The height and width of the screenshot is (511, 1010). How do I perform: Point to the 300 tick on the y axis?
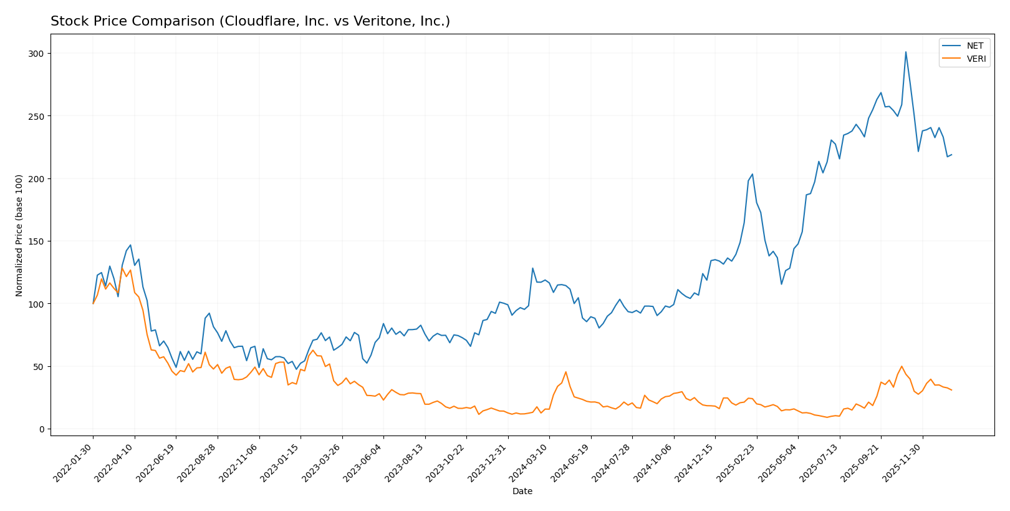[x=37, y=54]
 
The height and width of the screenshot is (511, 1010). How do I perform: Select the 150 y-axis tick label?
[x=37, y=241]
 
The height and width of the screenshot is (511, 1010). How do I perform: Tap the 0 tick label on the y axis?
[x=41, y=429]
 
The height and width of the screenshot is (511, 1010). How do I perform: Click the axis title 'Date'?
[x=522, y=491]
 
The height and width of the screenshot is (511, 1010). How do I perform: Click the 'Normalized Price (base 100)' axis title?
[x=19, y=235]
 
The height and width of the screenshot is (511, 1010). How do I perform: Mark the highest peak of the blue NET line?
[x=905, y=52]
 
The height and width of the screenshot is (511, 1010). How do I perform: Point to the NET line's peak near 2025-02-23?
[x=752, y=174]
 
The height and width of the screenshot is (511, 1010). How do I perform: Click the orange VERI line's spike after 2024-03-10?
[x=565, y=372]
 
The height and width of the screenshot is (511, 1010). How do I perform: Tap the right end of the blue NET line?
[x=951, y=155]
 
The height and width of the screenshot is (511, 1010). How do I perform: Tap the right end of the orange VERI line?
[x=951, y=390]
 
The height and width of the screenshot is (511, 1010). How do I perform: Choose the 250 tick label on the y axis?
[x=37, y=116]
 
